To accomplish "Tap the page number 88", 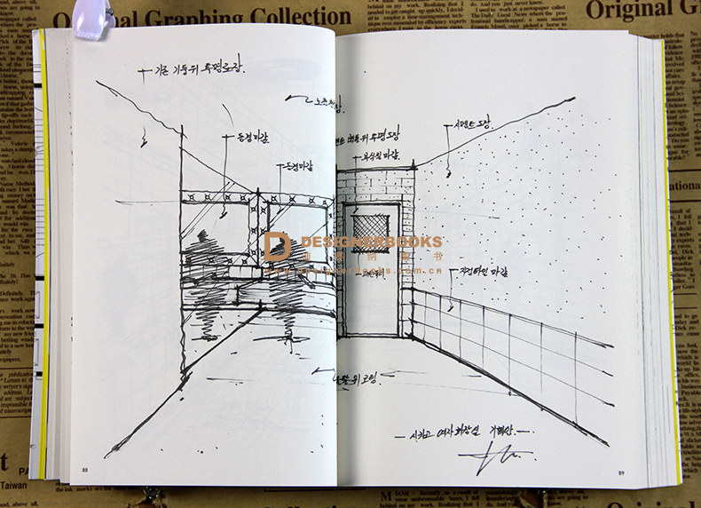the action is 85,470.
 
